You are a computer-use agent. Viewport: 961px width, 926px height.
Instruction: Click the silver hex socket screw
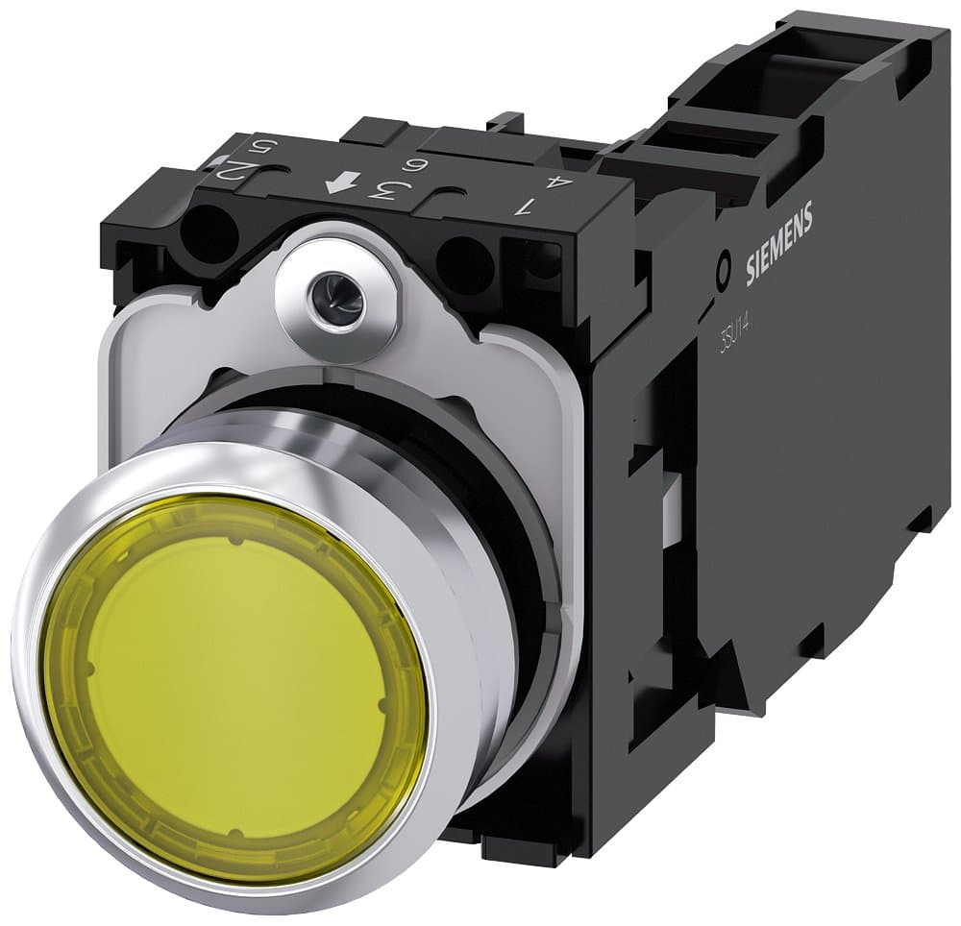click(x=335, y=301)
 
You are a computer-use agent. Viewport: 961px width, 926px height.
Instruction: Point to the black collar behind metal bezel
click(x=519, y=538)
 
